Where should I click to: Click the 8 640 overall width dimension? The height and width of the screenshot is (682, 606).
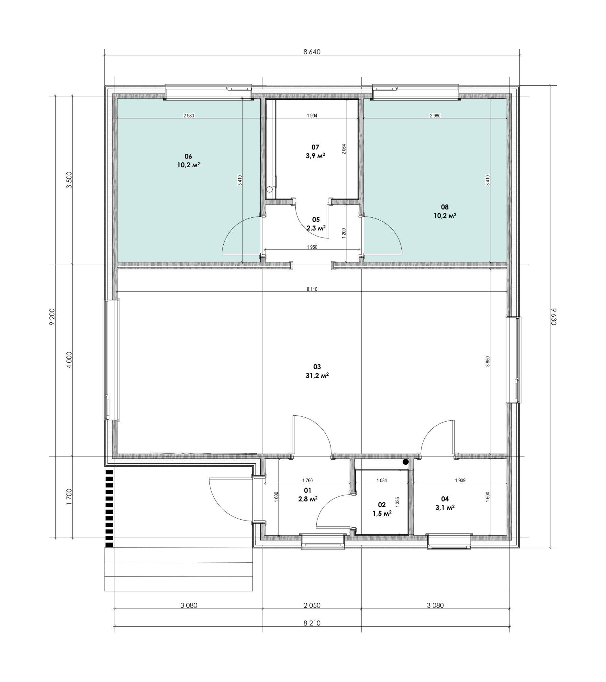coord(311,52)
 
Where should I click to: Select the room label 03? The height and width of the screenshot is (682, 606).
coord(317,367)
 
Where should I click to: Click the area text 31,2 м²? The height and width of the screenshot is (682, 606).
coord(317,376)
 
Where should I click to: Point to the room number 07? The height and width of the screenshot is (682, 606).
coord(315,147)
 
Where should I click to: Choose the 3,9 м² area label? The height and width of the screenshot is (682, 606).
coord(315,156)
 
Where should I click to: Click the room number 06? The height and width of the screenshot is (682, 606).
coord(188,157)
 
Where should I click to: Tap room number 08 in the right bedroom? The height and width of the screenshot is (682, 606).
coord(445,207)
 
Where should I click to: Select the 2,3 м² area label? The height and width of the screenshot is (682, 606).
coord(316,228)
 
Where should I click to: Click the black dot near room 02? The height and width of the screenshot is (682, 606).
coord(406,462)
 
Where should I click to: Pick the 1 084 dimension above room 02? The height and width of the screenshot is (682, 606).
coord(382,480)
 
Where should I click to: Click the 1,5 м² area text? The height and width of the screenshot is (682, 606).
coord(382,513)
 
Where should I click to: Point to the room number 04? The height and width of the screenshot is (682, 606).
coord(445,499)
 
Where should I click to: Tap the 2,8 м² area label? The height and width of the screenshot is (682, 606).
coord(308,499)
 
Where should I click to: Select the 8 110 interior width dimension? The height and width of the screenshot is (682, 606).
coord(312,289)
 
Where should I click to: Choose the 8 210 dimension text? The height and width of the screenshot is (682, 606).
coord(312,623)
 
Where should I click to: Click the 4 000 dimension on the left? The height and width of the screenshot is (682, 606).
coord(69,360)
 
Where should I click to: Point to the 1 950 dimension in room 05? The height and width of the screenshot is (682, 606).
coord(312,247)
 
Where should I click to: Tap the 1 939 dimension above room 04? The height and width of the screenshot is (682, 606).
coord(460,480)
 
